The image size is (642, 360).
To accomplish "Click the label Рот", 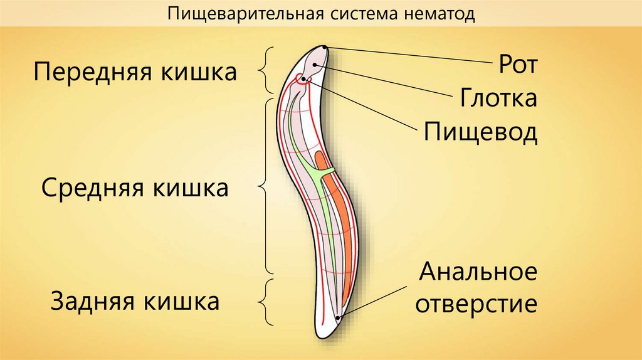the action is tap(518, 65).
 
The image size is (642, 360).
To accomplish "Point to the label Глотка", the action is tap(498, 98).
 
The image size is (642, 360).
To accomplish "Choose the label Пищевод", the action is tap(480, 132).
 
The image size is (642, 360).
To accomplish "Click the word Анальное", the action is tap(478, 273).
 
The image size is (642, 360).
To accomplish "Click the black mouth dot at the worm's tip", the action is tap(324, 47).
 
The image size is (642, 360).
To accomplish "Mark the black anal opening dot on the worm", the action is tap(339, 318).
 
